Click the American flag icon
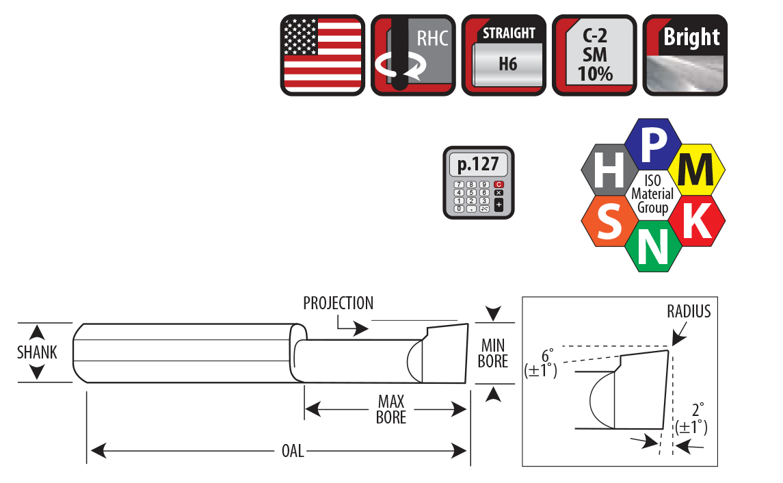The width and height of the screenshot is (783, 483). click(323, 55)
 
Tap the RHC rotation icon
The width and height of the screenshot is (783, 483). click(413, 55)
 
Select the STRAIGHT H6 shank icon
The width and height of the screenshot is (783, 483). click(504, 55)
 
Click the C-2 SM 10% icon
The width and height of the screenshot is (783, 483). click(594, 55)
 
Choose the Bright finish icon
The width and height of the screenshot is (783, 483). click(685, 55)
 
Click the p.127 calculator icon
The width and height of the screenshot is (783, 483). click(479, 182)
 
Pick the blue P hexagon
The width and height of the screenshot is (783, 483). click(652, 144)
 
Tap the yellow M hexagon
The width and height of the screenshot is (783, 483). click(697, 170)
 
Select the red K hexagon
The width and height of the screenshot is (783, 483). click(697, 220)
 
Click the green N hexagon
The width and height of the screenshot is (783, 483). click(653, 246)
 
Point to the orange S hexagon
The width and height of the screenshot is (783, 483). click(610, 221)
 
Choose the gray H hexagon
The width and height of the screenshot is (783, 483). click(609, 170)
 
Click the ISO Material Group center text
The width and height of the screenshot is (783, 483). click(652, 194)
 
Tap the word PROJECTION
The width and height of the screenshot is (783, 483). click(338, 303)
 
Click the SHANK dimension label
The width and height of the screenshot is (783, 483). click(37, 352)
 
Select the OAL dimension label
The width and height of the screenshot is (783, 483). click(293, 451)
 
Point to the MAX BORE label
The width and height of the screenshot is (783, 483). click(391, 409)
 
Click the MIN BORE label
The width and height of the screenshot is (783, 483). click(493, 353)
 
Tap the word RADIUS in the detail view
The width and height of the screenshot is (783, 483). click(689, 311)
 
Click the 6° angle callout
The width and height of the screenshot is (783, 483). click(541, 364)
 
